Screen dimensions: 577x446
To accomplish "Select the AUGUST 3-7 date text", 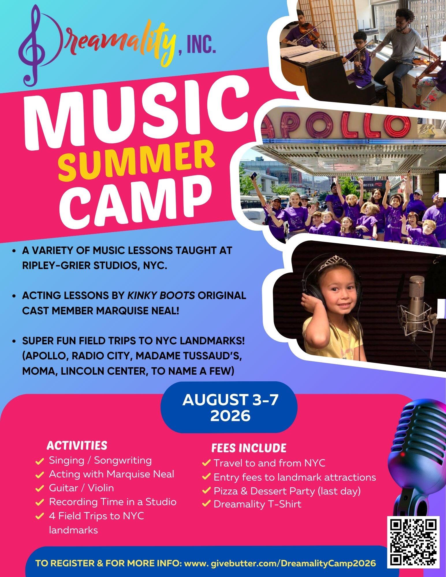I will pyautogui.click(x=230, y=400).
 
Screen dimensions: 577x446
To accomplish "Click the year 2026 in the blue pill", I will pyautogui.click(x=230, y=416).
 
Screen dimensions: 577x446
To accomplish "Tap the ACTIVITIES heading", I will pyautogui.click(x=77, y=445).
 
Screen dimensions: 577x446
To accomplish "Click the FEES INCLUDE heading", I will pyautogui.click(x=249, y=448).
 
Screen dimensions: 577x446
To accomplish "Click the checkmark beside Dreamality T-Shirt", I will pyautogui.click(x=206, y=504).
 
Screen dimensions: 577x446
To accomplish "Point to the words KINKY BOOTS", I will pyautogui.click(x=161, y=296).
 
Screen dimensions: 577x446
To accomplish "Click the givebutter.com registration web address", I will pyautogui.click(x=280, y=563).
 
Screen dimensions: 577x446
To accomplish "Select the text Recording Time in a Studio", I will pyautogui.click(x=113, y=502).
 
